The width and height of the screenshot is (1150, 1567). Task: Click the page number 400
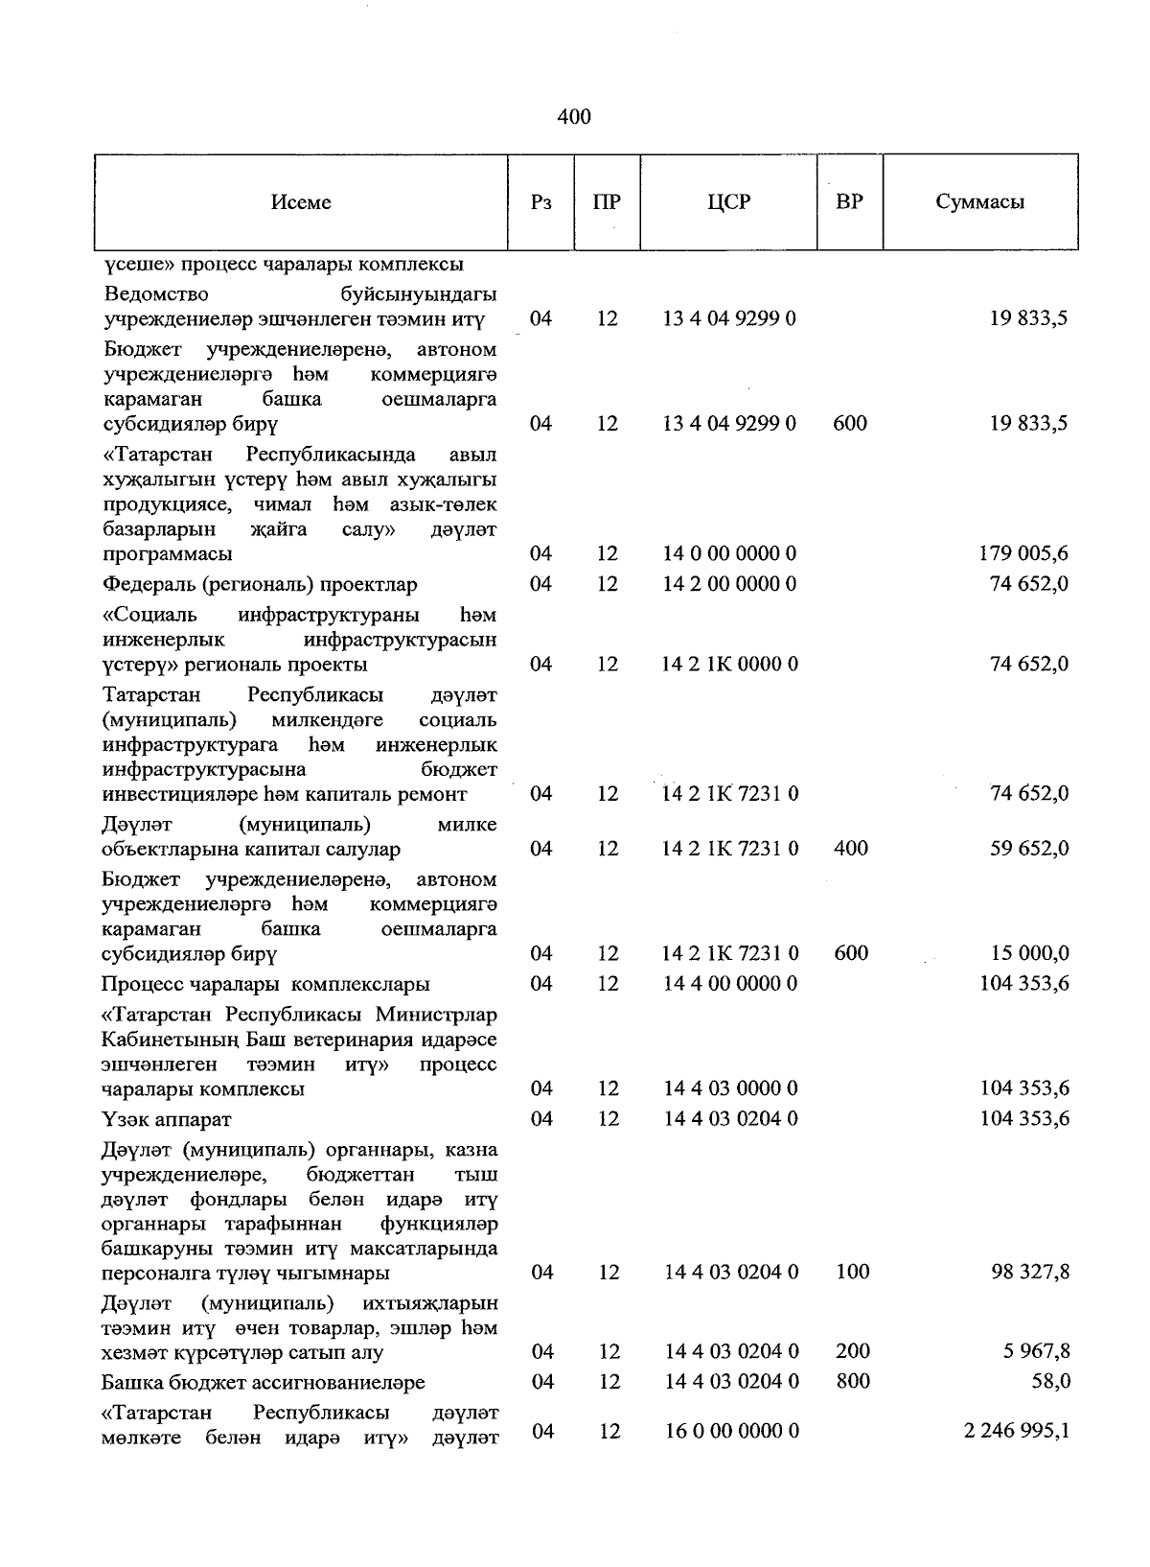[x=573, y=117]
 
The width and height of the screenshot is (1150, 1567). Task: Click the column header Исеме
[x=300, y=202]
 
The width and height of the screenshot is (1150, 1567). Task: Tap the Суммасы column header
[x=979, y=202]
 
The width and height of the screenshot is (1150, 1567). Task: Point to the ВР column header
[x=849, y=202]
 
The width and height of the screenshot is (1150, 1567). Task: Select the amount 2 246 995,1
[x=1016, y=1431]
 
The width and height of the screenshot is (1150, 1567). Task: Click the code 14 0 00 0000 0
[x=730, y=554]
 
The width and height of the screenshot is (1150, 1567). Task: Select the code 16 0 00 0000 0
[x=731, y=1431]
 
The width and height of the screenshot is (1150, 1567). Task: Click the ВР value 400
[x=851, y=849]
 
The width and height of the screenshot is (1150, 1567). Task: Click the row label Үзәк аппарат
[x=167, y=1120]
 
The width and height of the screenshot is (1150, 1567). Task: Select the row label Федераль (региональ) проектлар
[x=260, y=585]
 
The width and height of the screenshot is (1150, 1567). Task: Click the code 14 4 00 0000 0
[x=730, y=984]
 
